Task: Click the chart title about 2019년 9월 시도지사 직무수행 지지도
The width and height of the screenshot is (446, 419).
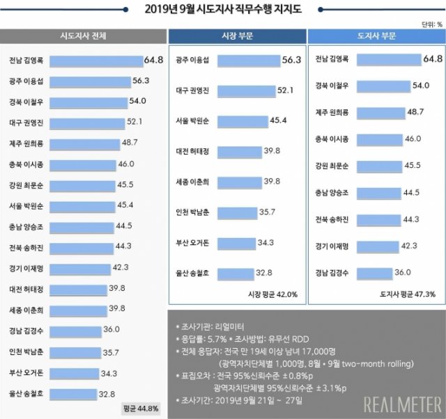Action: click(224, 9)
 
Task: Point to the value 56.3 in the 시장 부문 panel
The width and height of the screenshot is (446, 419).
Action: click(291, 61)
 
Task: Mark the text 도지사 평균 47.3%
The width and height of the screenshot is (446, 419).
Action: click(408, 294)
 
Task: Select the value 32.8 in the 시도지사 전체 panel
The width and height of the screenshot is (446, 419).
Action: click(106, 393)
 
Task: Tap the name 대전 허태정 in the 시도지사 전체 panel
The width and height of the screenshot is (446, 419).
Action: click(26, 287)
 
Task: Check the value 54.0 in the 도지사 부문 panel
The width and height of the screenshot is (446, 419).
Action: click(421, 85)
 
